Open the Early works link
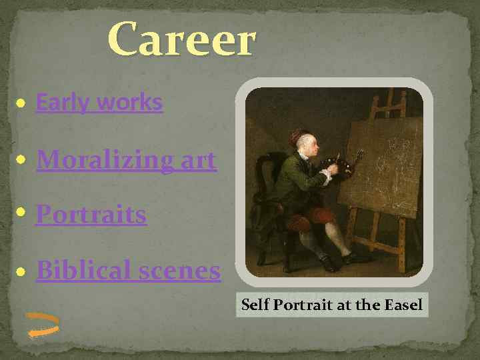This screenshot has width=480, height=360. pyautogui.click(x=99, y=102)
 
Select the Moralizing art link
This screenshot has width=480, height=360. pyautogui.click(x=126, y=160)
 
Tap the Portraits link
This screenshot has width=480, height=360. pyautogui.click(x=91, y=215)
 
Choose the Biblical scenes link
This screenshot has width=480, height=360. pyautogui.click(x=128, y=270)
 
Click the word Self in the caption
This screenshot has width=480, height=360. pyautogui.click(x=253, y=305)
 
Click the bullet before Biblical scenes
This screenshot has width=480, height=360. pyautogui.click(x=21, y=271)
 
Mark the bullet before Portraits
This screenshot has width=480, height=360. pyautogui.click(x=21, y=215)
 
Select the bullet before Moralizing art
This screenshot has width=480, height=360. pyautogui.click(x=21, y=161)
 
